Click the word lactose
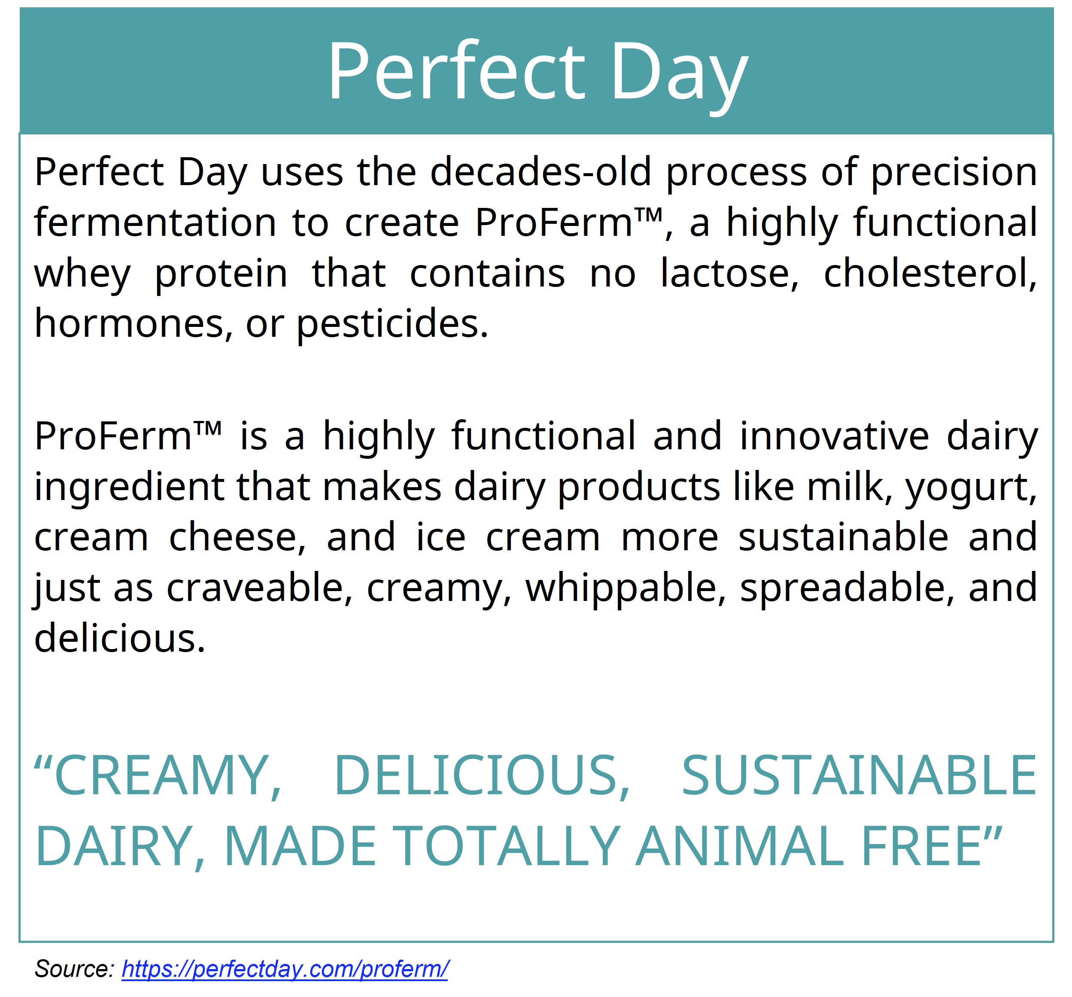[729, 274]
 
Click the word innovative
[835, 436]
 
